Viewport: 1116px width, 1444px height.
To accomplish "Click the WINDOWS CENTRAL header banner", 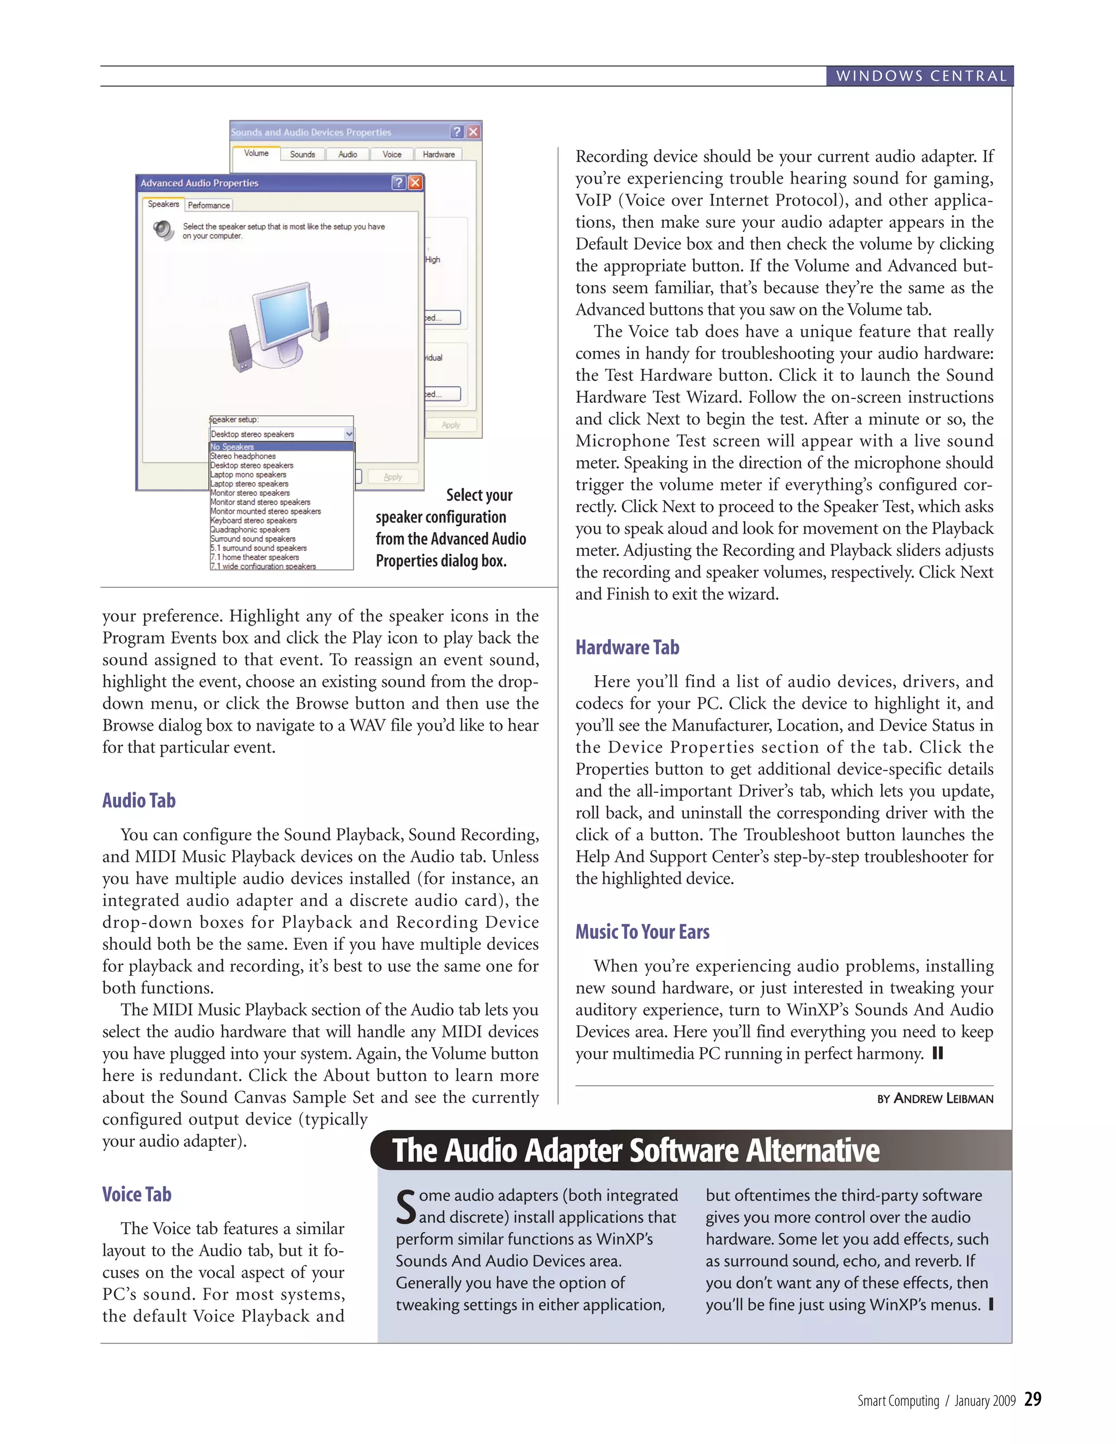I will pyautogui.click(x=920, y=76).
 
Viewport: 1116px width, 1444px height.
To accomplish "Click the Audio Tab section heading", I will pyautogui.click(x=139, y=800).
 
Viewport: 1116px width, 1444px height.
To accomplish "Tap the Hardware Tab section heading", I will pyautogui.click(x=627, y=647).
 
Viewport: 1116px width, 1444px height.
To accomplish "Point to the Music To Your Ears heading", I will pyautogui.click(x=642, y=932).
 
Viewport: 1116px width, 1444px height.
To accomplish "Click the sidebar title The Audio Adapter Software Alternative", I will pyautogui.click(x=635, y=1150).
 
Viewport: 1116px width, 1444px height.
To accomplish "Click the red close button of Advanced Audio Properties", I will pyautogui.click(x=415, y=183).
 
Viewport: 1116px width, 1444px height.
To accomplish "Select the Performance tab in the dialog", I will pyautogui.click(x=209, y=205).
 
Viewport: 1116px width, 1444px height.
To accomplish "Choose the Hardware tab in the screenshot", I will pyautogui.click(x=438, y=154).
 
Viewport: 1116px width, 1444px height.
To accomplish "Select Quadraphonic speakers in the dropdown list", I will pyautogui.click(x=251, y=530).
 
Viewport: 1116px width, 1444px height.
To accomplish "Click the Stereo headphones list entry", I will pyautogui.click(x=243, y=456).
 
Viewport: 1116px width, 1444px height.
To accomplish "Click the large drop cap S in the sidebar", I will pyautogui.click(x=406, y=1206).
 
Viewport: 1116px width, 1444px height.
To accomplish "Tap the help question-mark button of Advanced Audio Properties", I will pyautogui.click(x=399, y=183).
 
